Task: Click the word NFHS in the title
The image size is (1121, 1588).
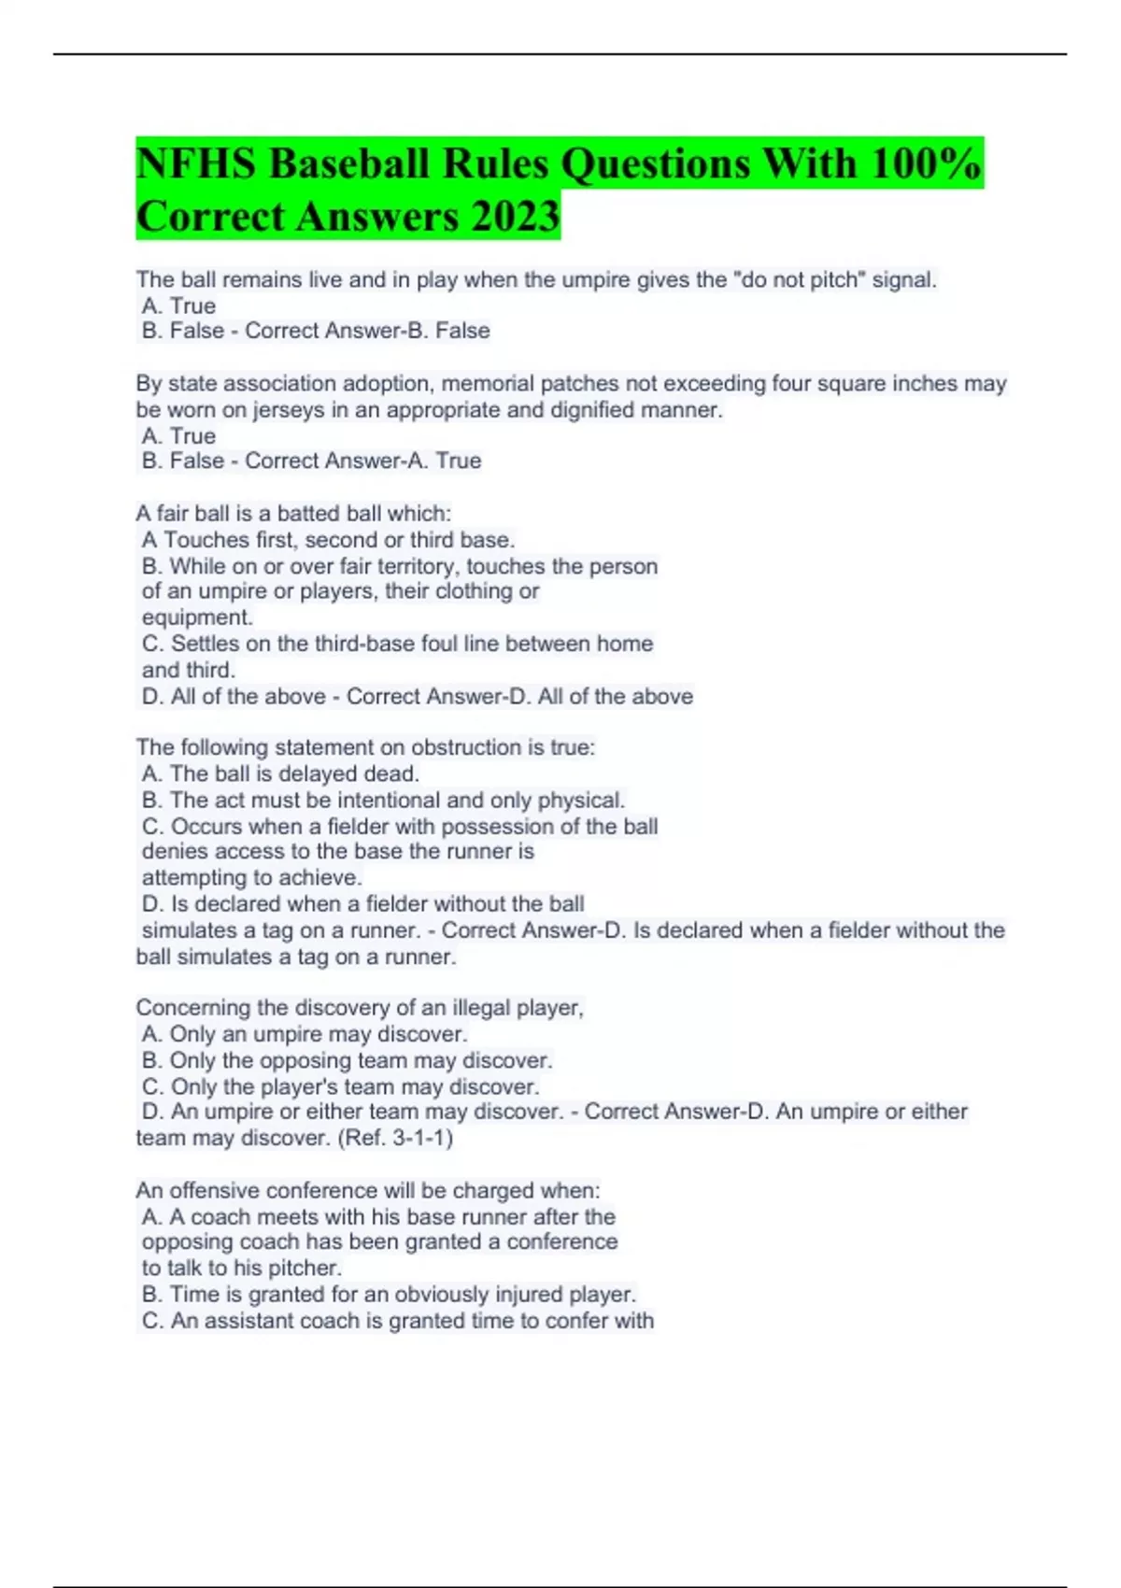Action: click(195, 163)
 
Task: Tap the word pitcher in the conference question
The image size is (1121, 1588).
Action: click(305, 1269)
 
